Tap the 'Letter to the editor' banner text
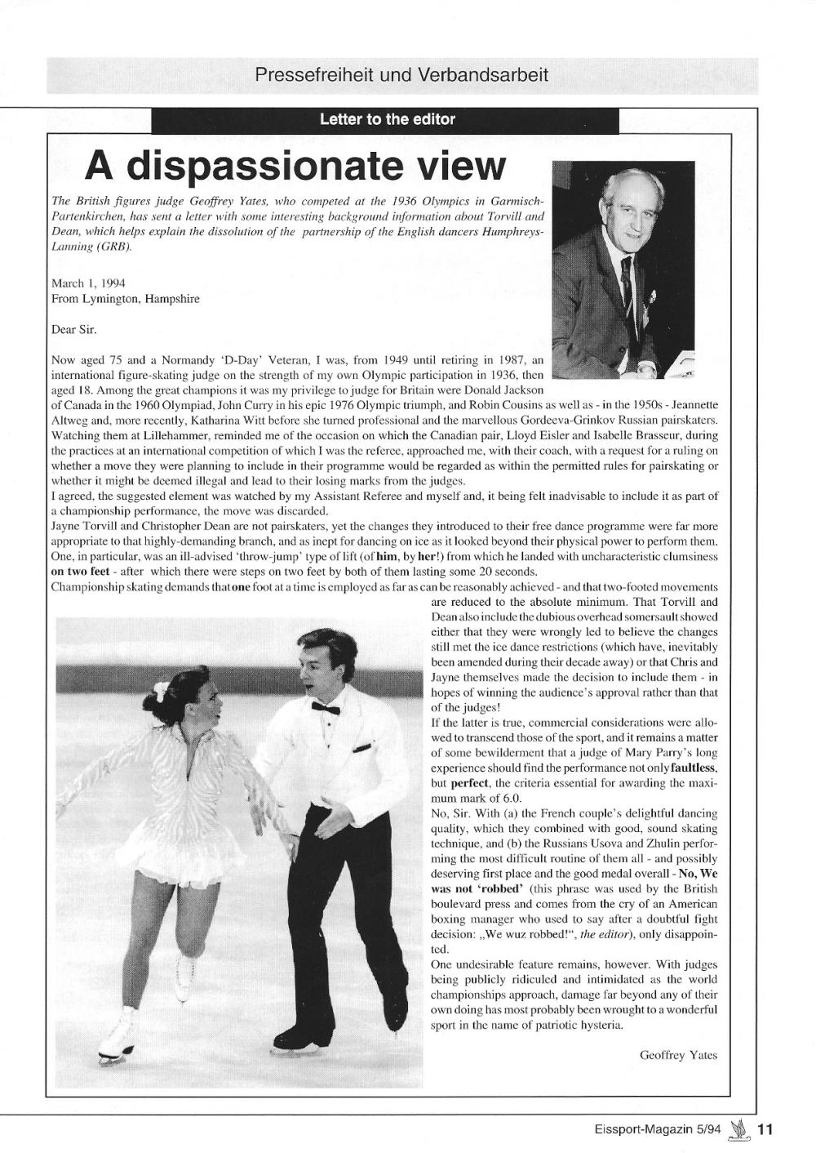(x=387, y=120)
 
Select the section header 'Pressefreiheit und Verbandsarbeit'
(x=401, y=76)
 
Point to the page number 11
(x=765, y=1131)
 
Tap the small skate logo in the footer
(x=739, y=1130)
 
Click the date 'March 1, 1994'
(x=88, y=283)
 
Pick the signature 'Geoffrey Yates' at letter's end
(x=678, y=1054)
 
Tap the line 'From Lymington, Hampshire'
(x=125, y=299)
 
